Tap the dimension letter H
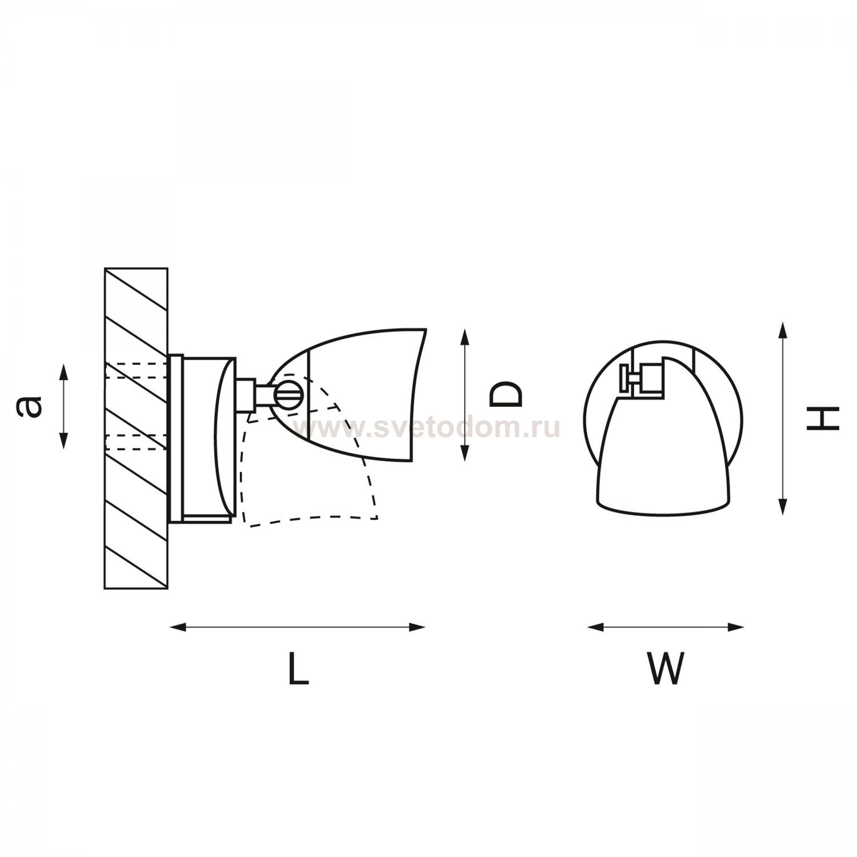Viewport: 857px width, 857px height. click(822, 418)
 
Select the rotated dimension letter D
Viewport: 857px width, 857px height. click(506, 395)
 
